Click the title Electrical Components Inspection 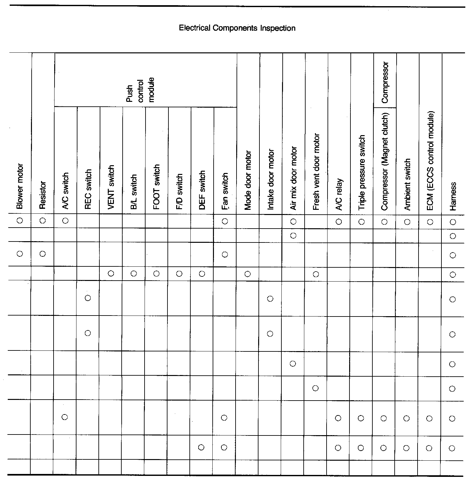coord(237,28)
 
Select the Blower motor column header coord(20,187)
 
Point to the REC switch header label coord(88,189)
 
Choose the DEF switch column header coord(202,190)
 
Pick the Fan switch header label coord(225,191)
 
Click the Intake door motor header coord(271,179)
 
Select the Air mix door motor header coord(293,178)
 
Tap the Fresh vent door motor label coord(316,172)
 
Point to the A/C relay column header coord(339,194)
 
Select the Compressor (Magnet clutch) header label coord(384,161)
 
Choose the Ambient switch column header coord(407,184)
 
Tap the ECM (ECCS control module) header coord(430,161)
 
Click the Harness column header coord(453,196)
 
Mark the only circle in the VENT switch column coord(111,274)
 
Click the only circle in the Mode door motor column coord(248,274)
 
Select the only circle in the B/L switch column coord(134,274)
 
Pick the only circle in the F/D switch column coord(179,274)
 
